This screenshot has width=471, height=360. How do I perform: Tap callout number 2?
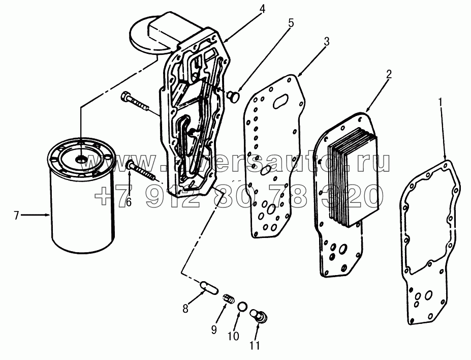tap(389, 74)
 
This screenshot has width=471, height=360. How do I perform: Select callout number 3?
tap(327, 41)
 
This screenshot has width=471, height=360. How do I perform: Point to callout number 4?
tap(262, 9)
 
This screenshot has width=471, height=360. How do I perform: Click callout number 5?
tap(291, 23)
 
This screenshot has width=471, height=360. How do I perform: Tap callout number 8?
tap(185, 308)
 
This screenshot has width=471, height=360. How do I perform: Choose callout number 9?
tap(214, 330)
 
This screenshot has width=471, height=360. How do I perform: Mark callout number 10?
tap(234, 336)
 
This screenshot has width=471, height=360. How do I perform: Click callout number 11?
tap(254, 345)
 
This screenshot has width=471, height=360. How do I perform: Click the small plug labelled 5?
tap(234, 96)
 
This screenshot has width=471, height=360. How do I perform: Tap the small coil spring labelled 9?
tap(229, 298)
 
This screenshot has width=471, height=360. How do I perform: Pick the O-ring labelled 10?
tap(242, 307)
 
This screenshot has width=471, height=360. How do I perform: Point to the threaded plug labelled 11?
tap(259, 316)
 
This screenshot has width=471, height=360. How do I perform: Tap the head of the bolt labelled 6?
tap(131, 165)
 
